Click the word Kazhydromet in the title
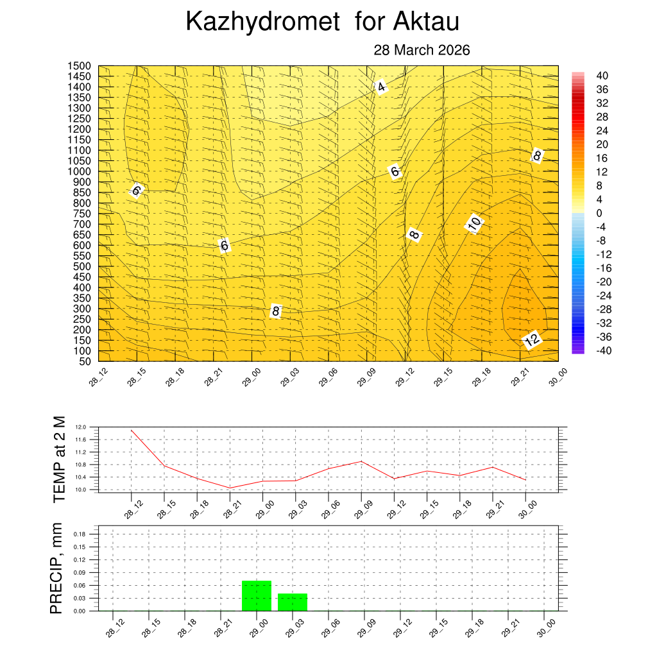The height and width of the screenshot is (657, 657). (x=262, y=22)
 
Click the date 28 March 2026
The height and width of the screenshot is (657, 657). (x=422, y=50)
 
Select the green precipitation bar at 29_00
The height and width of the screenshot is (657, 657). (x=257, y=595)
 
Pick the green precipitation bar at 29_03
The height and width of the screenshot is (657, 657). (x=293, y=602)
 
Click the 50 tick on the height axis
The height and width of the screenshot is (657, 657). (x=85, y=361)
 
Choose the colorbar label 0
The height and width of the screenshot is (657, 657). (x=599, y=213)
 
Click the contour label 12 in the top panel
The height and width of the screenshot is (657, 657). (x=531, y=340)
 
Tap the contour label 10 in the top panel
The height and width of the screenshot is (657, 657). (x=474, y=223)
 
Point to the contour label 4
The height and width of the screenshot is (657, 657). (x=381, y=87)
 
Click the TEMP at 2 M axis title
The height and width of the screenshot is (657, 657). (x=59, y=459)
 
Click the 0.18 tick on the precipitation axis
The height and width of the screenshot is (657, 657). (x=79, y=534)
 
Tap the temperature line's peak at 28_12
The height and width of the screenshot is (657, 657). (x=132, y=430)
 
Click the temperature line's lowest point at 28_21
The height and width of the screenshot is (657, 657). (x=230, y=488)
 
